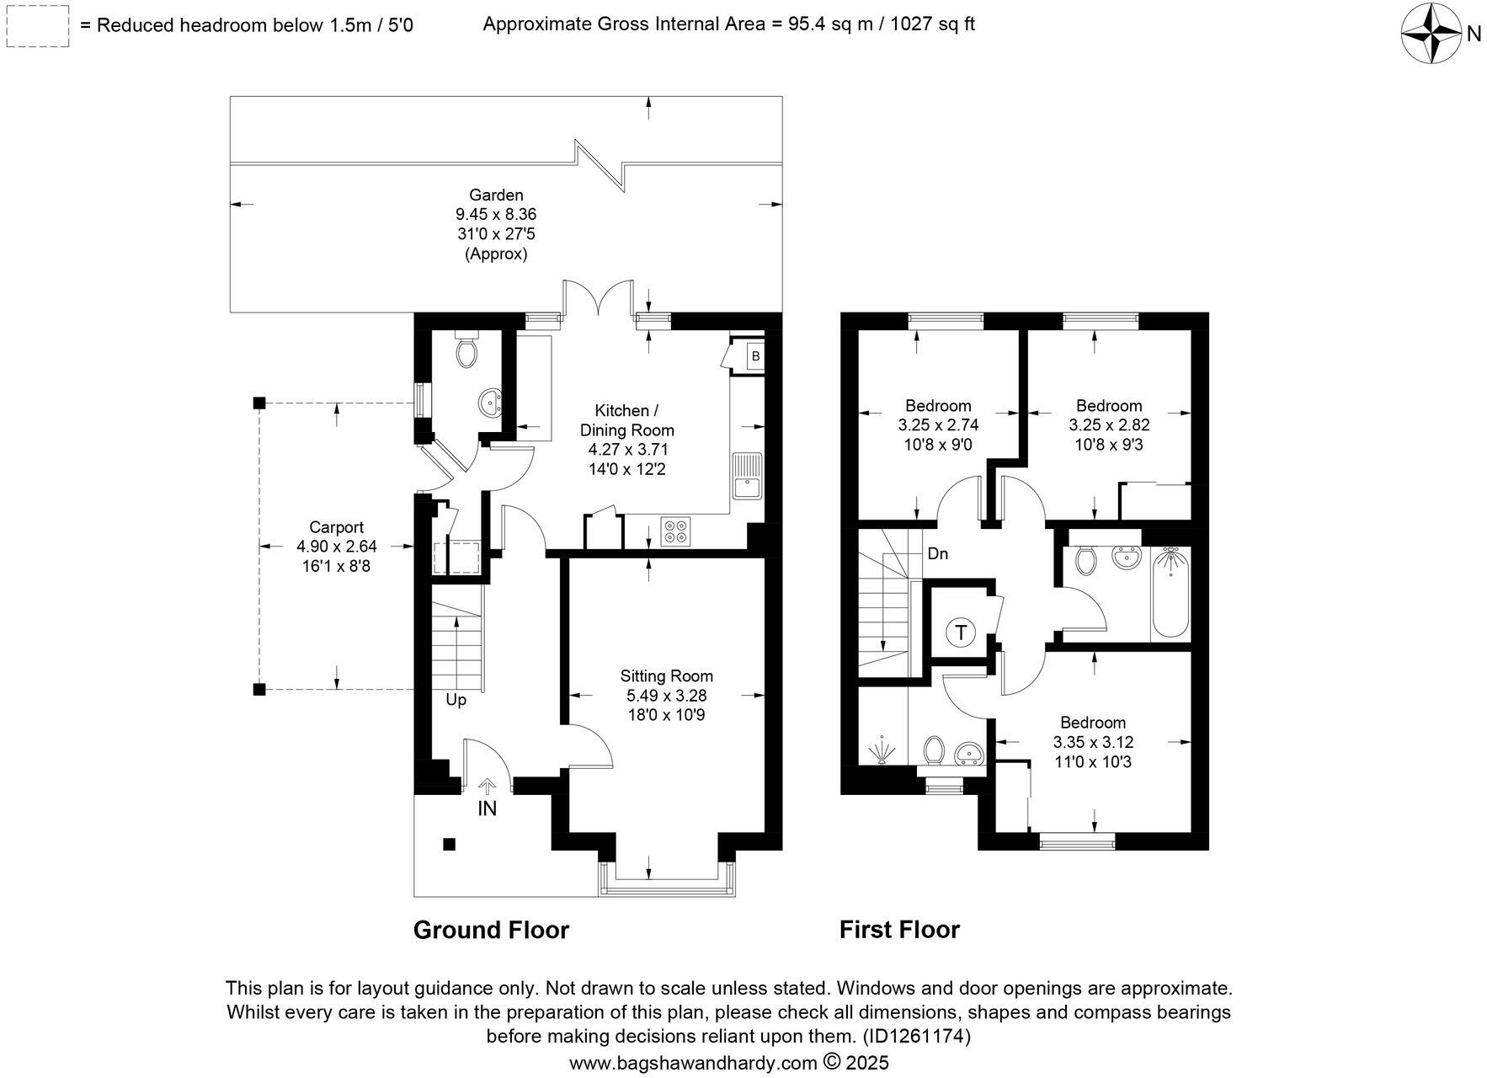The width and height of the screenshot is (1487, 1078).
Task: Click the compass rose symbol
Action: [x=1431, y=33]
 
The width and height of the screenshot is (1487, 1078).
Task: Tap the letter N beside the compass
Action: [x=1474, y=34]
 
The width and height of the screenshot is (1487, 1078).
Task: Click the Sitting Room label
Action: [x=666, y=675]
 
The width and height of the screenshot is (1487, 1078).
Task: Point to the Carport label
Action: [x=336, y=527]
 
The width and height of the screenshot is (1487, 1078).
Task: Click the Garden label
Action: [x=496, y=195]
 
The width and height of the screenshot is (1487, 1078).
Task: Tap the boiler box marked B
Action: [x=755, y=356]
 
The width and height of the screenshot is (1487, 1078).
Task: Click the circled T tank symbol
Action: [x=961, y=632]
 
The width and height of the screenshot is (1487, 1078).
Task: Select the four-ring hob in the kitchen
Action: [x=675, y=531]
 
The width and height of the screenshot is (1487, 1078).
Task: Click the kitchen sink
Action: [x=747, y=477]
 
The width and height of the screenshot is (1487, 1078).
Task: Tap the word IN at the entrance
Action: [x=488, y=808]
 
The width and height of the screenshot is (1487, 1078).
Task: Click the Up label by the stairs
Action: [x=456, y=700]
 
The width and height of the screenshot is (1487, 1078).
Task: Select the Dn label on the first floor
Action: [x=938, y=553]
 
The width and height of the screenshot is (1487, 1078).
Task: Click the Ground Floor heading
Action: [x=491, y=930]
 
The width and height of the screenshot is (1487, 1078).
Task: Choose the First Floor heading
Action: [x=899, y=930]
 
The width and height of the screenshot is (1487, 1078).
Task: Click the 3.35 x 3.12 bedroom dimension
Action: [x=1093, y=743]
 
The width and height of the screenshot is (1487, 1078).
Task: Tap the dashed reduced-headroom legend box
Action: [x=35, y=25]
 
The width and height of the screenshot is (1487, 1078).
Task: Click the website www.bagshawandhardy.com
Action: [x=693, y=1063]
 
